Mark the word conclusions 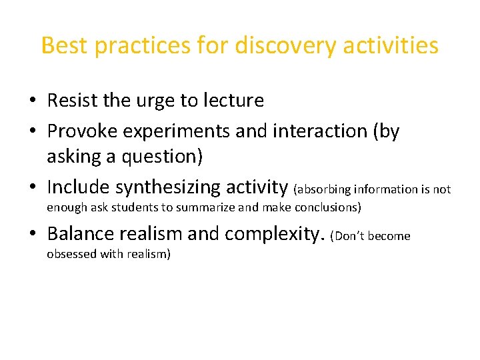pos(325,207)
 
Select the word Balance pos(84,234)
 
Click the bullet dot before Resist pos(33,102)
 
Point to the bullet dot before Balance pos(33,235)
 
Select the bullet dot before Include pos(33,189)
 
